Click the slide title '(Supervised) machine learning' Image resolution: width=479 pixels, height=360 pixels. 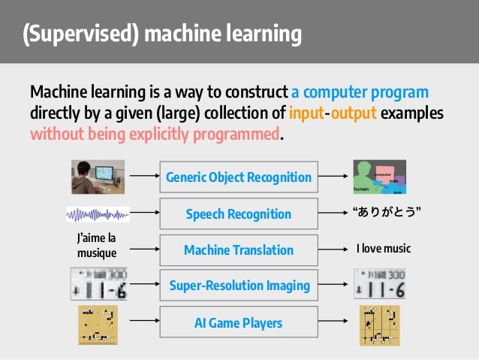161,35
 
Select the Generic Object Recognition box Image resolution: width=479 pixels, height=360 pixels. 238,177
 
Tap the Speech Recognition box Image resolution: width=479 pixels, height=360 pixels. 238,213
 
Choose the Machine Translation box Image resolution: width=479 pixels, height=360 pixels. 238,250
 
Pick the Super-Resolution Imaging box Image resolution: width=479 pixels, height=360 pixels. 238,286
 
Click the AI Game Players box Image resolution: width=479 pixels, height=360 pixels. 238,322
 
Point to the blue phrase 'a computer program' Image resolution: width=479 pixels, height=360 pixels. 360,92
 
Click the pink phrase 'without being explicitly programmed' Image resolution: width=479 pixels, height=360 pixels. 154,135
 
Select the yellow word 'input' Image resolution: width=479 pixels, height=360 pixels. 306,113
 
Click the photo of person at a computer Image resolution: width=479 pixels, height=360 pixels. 97,177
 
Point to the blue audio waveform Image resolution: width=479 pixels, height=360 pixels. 97,214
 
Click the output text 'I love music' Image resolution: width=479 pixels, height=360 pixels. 383,249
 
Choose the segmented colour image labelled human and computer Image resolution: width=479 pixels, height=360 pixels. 379,177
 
